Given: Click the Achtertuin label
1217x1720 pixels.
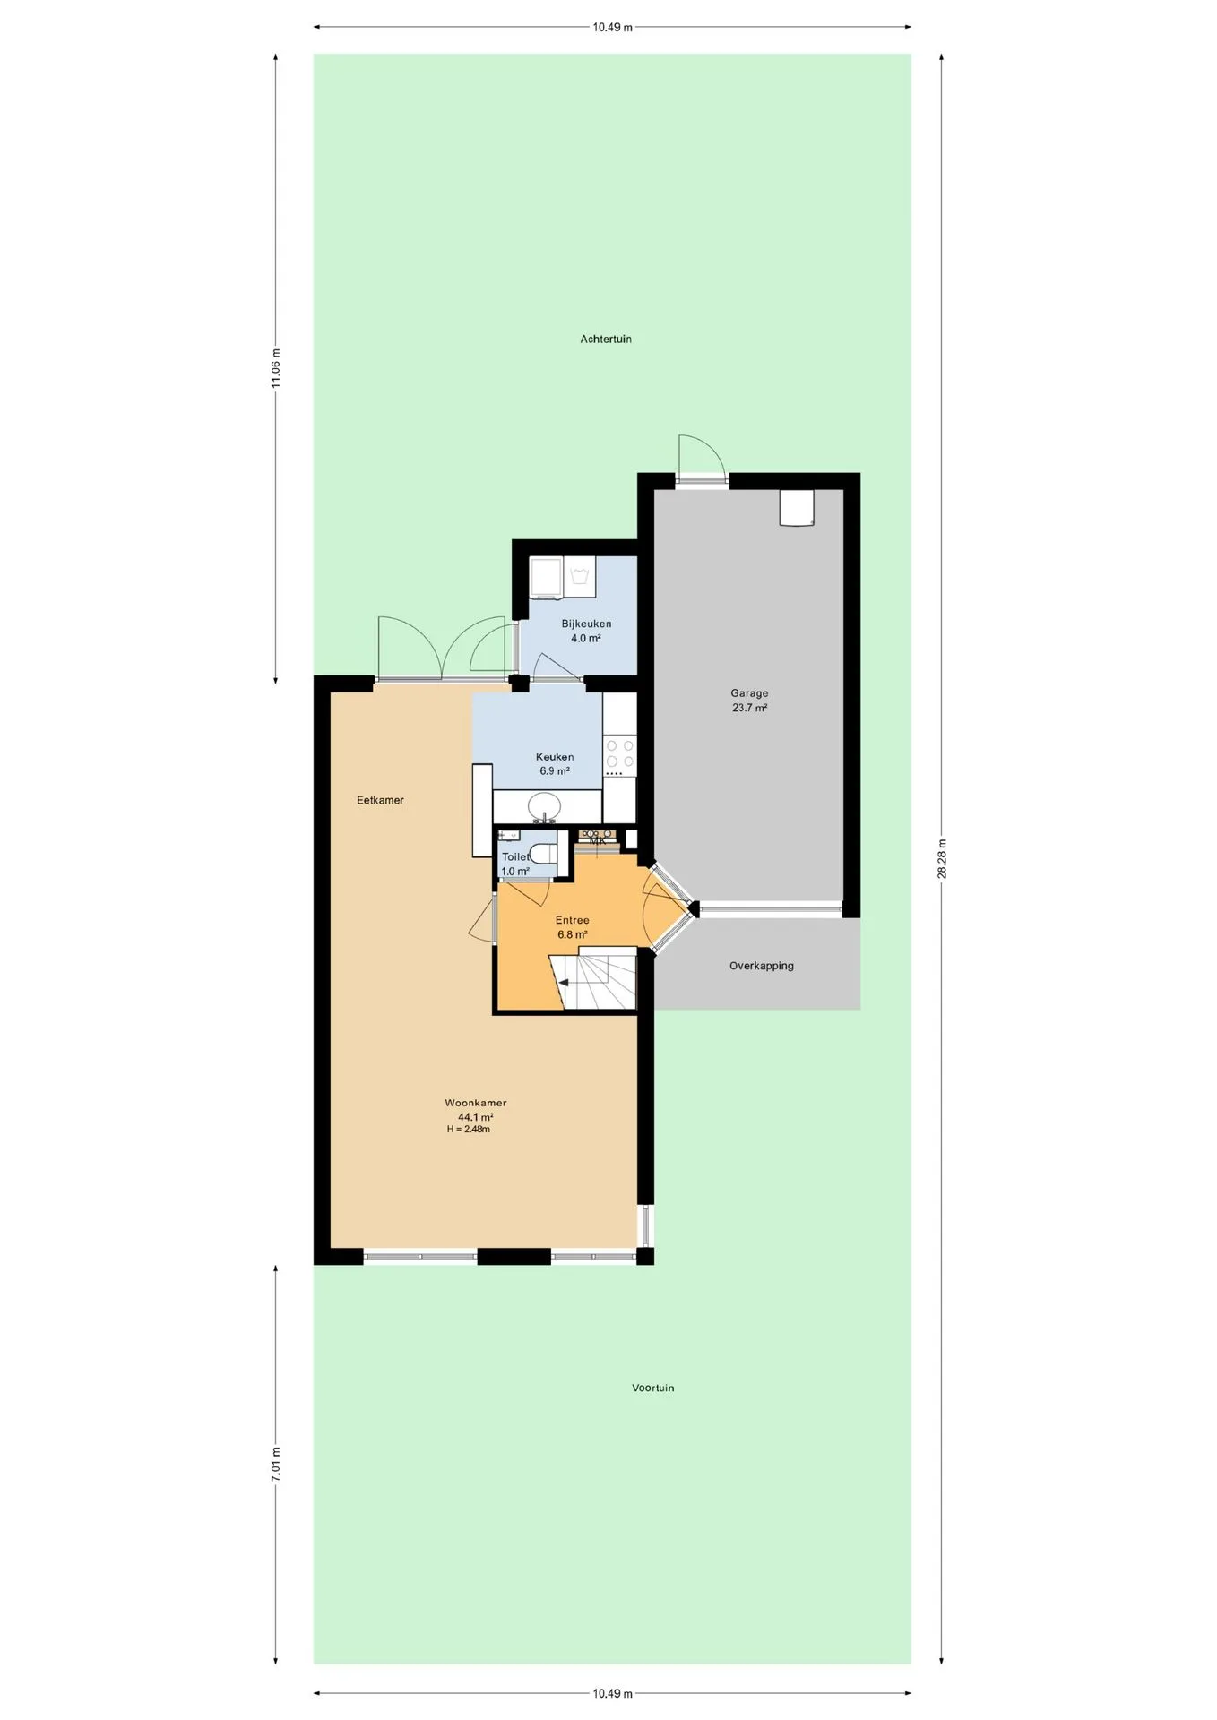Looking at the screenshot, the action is pyautogui.click(x=606, y=340).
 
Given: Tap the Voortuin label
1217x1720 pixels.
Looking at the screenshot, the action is pyautogui.click(x=653, y=1389).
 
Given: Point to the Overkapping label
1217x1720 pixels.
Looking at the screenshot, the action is pyautogui.click(x=762, y=966).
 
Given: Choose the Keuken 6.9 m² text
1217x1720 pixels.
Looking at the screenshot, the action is pyautogui.click(x=555, y=764).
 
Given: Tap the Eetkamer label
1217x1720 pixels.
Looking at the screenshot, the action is pyautogui.click(x=380, y=800).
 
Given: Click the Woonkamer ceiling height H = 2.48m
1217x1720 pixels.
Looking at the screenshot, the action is pyautogui.click(x=469, y=1130).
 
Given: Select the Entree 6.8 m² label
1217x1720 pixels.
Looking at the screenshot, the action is pyautogui.click(x=573, y=927).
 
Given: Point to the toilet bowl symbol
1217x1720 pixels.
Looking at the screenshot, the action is pyautogui.click(x=543, y=853).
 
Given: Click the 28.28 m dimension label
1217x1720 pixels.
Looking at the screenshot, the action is pyautogui.click(x=942, y=859).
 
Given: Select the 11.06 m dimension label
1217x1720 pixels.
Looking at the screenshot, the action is pyautogui.click(x=276, y=368).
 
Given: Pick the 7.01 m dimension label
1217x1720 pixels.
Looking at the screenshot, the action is pyautogui.click(x=276, y=1465).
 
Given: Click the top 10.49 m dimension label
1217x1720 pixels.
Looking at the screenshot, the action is pyautogui.click(x=612, y=27).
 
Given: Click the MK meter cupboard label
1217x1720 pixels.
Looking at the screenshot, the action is pyautogui.click(x=598, y=840).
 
